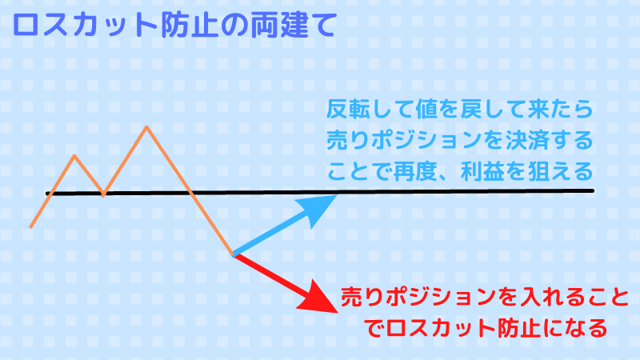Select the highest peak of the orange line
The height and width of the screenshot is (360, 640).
click(x=146, y=126)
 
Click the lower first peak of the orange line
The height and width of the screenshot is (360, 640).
click(x=74, y=155)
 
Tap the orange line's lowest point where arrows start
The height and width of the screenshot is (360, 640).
click(x=233, y=254)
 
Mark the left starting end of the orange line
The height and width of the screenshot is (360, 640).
click(x=30, y=227)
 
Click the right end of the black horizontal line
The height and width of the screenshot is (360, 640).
click(x=591, y=190)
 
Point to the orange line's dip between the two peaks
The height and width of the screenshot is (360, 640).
click(x=103, y=194)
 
